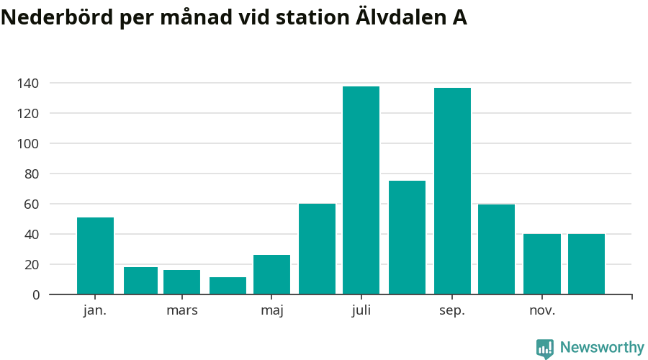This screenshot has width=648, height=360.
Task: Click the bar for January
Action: point(95,256)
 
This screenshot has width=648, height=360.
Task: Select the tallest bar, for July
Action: point(361,190)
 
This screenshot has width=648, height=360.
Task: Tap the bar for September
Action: point(452,191)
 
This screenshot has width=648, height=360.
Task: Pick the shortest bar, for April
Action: point(228,286)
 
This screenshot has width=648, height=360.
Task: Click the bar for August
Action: point(407,238)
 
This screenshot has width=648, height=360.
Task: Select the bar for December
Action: point(586,264)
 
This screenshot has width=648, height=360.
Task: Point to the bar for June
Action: point(317,249)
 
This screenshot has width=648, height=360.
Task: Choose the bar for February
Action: point(140,281)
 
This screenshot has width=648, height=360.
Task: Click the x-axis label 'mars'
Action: point(182,311)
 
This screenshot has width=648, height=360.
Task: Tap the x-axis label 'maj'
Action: point(272,311)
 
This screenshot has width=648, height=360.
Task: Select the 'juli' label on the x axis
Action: point(361,311)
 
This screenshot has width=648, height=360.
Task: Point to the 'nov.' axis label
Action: point(542,311)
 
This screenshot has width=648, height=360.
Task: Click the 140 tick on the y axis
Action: point(29,84)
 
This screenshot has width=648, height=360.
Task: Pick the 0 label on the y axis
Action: point(36,295)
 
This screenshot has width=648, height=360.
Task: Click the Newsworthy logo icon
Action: point(545,348)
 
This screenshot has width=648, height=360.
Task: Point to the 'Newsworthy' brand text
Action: point(602,348)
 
